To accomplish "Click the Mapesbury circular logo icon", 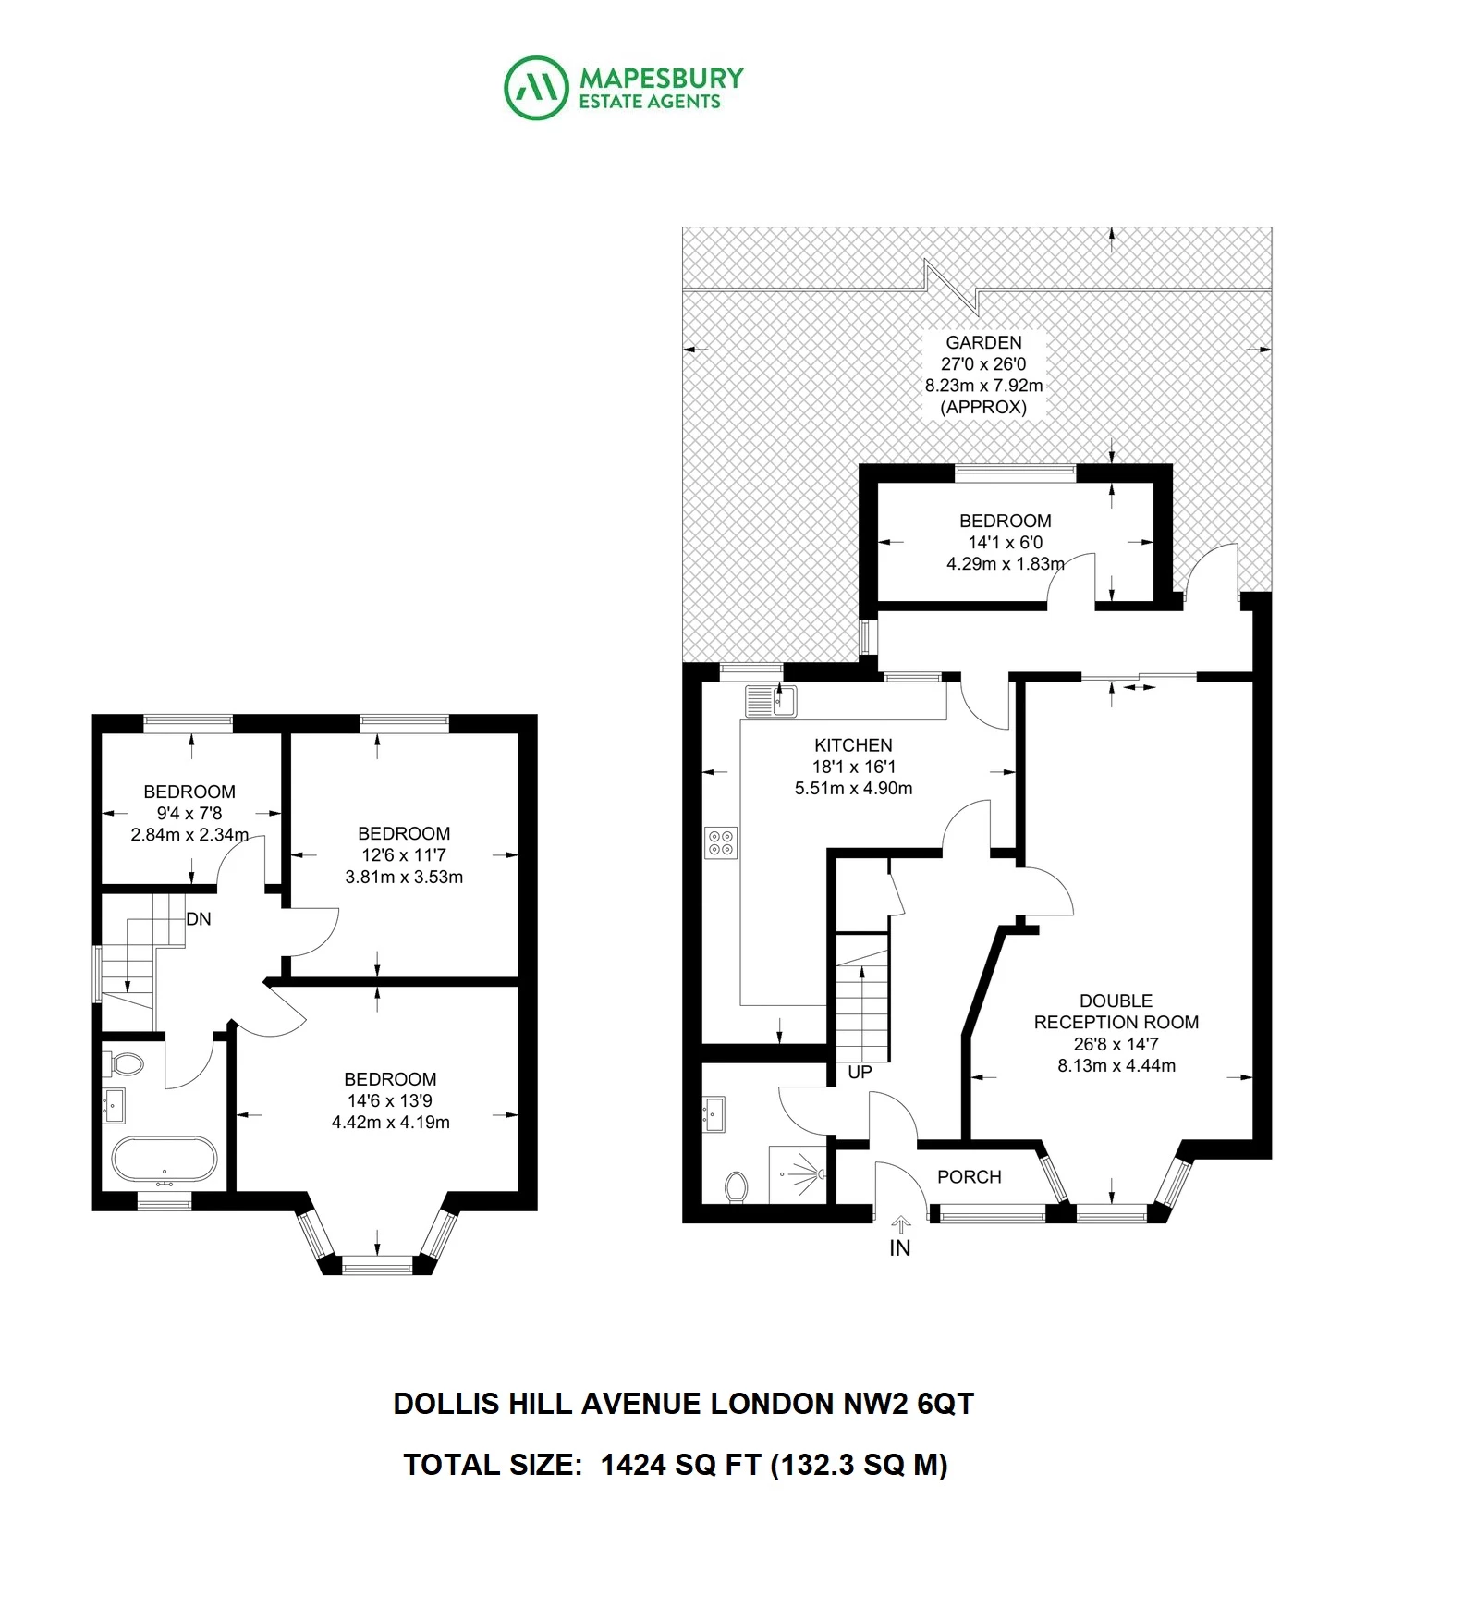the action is pyautogui.click(x=535, y=88).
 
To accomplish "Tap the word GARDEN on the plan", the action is pyautogui.click(x=983, y=342).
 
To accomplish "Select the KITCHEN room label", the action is pyautogui.click(x=853, y=745).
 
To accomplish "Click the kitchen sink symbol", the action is pyautogui.click(x=771, y=701).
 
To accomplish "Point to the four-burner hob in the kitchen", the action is pyautogui.click(x=721, y=842).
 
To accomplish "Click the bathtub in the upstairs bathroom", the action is pyautogui.click(x=165, y=1161).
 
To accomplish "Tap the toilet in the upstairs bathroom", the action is pyautogui.click(x=124, y=1065).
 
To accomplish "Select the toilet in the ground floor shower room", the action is pyautogui.click(x=737, y=1187).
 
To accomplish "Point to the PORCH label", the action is pyautogui.click(x=969, y=1177).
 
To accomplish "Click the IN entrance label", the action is pyautogui.click(x=899, y=1248).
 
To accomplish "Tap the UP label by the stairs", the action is pyautogui.click(x=860, y=1073).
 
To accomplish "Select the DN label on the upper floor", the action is pyautogui.click(x=199, y=919).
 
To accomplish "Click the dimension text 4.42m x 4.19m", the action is pyautogui.click(x=391, y=1123).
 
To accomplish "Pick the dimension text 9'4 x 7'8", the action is pyautogui.click(x=189, y=814).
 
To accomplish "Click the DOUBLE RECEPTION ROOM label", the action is pyautogui.click(x=1116, y=1012).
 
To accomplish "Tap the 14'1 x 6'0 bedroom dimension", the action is pyautogui.click(x=1006, y=543).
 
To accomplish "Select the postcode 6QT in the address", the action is pyautogui.click(x=945, y=1404).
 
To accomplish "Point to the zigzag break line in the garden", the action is pyautogui.click(x=951, y=288).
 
